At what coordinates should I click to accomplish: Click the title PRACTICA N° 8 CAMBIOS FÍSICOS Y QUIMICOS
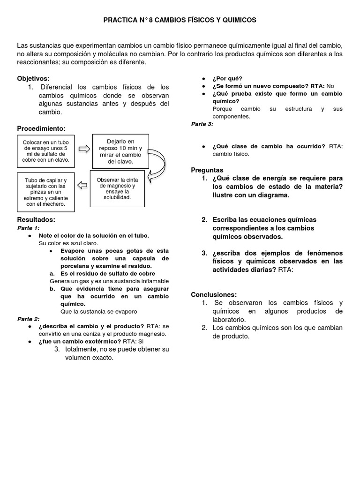[x=180, y=20]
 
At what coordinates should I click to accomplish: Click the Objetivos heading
[x=33, y=78]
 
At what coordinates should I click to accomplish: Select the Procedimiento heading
[x=41, y=128]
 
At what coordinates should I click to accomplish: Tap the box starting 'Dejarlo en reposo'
[x=120, y=151]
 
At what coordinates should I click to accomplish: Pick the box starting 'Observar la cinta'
[x=118, y=188]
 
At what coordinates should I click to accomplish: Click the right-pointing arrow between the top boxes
[x=84, y=149]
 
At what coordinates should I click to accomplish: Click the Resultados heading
[x=36, y=219]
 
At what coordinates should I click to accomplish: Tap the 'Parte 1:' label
[x=28, y=227]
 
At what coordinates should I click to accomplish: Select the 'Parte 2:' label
[x=28, y=319]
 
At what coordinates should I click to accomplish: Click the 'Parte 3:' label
[x=202, y=124]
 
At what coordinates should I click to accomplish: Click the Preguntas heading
[x=207, y=170]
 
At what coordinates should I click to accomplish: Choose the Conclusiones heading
[x=214, y=294]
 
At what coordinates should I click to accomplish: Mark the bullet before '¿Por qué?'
[x=203, y=79]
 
